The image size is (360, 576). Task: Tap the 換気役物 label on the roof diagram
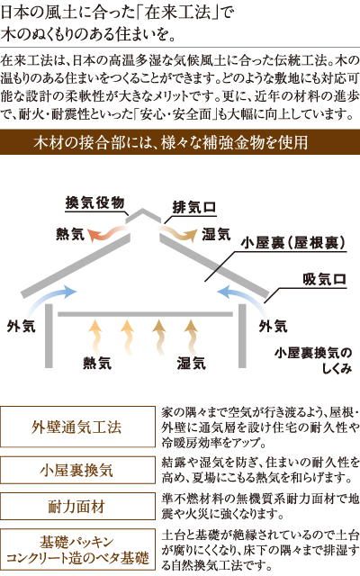point(94,202)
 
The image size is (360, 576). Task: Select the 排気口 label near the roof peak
point(194,208)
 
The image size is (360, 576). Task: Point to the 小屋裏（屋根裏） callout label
point(293,243)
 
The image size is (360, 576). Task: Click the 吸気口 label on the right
point(324,280)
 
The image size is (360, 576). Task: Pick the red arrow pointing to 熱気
point(106,234)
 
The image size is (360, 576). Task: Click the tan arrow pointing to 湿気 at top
point(178,234)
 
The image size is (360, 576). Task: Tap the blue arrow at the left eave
point(51,298)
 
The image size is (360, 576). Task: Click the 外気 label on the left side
point(21,326)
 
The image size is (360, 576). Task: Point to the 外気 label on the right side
point(273,326)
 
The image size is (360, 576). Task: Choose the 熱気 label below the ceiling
point(97,363)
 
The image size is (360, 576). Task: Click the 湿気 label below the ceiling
point(191,363)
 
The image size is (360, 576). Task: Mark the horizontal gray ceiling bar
point(146,314)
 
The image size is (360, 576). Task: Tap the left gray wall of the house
point(49,336)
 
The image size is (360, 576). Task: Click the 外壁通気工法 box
point(77,427)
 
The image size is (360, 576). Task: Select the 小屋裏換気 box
point(77,470)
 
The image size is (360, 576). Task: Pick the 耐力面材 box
point(77,506)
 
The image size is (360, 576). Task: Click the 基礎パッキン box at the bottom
point(77,550)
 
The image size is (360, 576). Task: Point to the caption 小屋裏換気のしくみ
point(313,360)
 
